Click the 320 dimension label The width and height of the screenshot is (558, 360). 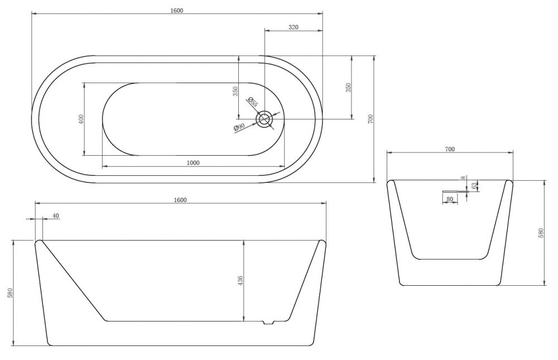294,27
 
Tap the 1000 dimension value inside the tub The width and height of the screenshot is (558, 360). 193,163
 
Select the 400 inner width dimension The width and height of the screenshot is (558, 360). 81,119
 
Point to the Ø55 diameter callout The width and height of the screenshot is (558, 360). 252,102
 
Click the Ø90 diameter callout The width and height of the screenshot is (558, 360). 239,127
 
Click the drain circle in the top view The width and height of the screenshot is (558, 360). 264,119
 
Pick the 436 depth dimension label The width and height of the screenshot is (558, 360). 240,281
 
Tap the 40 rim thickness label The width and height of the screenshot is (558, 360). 55,216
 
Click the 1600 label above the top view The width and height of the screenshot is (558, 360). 176,11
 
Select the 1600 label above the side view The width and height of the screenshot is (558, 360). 180,200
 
